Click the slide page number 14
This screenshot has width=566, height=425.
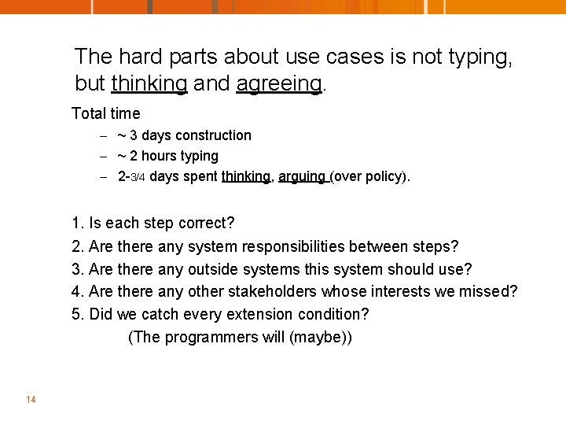pos(31,400)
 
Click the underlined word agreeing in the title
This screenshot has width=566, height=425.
pos(279,83)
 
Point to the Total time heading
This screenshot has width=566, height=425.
pos(106,113)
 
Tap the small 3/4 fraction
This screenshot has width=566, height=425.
pos(138,177)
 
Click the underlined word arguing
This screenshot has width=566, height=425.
pos(302,176)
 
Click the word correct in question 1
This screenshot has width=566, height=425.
pos(207,223)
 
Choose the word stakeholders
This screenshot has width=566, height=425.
pos(273,292)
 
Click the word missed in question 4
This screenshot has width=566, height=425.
pos(491,292)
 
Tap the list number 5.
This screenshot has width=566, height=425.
pos(76,315)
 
